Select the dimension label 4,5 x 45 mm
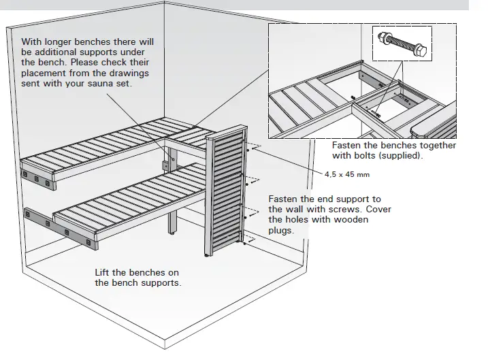(346, 175)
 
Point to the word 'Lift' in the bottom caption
(103, 273)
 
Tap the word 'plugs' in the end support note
(282, 230)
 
